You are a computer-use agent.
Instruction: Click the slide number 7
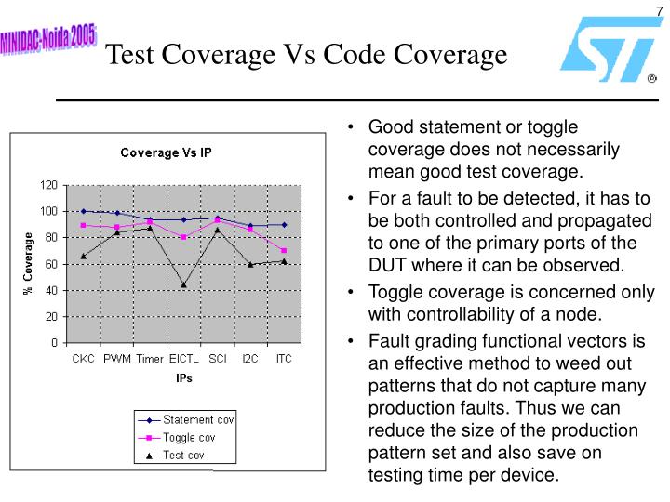pyautogui.click(x=657, y=10)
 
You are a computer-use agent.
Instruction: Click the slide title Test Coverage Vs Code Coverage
pyautogui.click(x=306, y=55)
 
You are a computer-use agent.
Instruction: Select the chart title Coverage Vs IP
pyautogui.click(x=165, y=152)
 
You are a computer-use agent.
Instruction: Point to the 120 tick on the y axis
pyautogui.click(x=47, y=184)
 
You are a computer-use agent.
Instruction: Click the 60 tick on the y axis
pyautogui.click(x=50, y=264)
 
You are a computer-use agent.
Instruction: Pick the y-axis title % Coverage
pyautogui.click(x=28, y=263)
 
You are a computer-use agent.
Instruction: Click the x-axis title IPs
pyautogui.click(x=184, y=378)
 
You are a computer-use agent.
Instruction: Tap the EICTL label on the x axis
pyautogui.click(x=183, y=358)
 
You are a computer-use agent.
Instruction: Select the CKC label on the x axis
pyautogui.click(x=84, y=358)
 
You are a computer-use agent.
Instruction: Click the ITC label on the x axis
pyautogui.click(x=283, y=358)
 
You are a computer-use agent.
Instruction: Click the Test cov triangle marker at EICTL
pyautogui.click(x=183, y=284)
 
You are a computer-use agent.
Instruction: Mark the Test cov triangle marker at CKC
pyautogui.click(x=84, y=256)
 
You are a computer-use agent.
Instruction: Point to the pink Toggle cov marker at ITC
pyautogui.click(x=283, y=251)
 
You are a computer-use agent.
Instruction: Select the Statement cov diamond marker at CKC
pyautogui.click(x=84, y=211)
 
